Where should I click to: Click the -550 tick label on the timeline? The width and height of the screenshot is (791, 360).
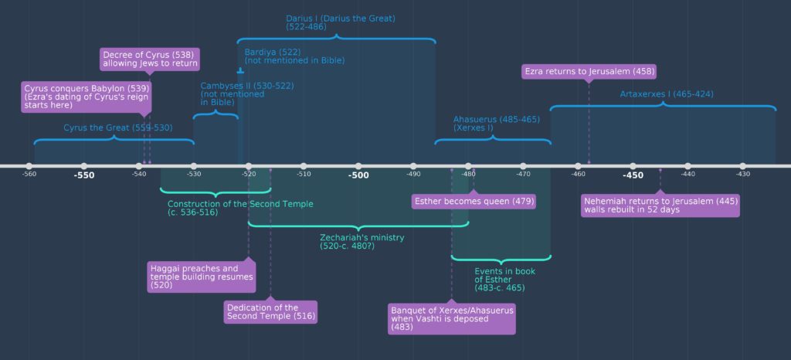(83, 175)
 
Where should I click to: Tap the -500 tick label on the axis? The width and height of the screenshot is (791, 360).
(358, 175)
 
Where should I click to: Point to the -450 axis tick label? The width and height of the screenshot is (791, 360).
(633, 175)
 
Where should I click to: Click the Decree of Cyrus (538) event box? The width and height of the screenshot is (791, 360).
(151, 59)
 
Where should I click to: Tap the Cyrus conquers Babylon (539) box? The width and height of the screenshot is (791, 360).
(86, 97)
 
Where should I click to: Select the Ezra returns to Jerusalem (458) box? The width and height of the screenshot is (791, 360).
(589, 71)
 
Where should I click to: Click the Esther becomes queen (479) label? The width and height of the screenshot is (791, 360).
(474, 201)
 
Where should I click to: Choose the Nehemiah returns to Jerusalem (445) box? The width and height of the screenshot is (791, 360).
(660, 205)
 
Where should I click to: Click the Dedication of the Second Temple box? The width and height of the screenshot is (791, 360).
(270, 311)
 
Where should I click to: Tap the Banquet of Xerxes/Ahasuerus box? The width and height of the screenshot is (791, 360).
(452, 318)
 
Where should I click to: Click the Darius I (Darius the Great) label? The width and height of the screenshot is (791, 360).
(340, 22)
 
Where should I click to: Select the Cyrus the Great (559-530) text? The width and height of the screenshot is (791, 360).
(118, 127)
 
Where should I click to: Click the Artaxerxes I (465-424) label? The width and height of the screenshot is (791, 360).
(667, 94)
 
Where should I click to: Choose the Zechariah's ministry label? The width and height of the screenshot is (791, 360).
(362, 242)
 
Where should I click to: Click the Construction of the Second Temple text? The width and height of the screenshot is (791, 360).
(240, 208)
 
